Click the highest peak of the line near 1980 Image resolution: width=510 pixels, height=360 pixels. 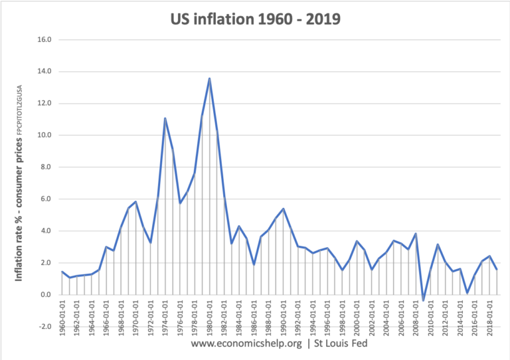[209, 78]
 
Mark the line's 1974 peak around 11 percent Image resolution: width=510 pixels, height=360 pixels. [165, 118]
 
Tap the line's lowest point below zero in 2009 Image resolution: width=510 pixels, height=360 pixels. [422, 301]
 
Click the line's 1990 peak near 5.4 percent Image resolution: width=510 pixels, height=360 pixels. [283, 209]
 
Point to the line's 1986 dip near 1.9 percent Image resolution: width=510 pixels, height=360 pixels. [254, 264]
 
